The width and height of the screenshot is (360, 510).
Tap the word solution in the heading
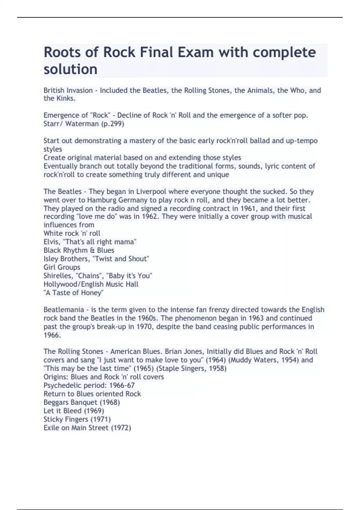click(70, 69)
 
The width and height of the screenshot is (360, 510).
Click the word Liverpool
click(151, 192)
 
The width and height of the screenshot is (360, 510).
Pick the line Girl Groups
click(62, 267)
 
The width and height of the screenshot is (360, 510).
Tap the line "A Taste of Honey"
click(73, 293)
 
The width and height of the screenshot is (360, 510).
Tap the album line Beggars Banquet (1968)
click(82, 402)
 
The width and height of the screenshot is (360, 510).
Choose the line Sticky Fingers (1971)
click(77, 419)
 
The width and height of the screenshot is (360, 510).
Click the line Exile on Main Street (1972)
click(87, 428)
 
